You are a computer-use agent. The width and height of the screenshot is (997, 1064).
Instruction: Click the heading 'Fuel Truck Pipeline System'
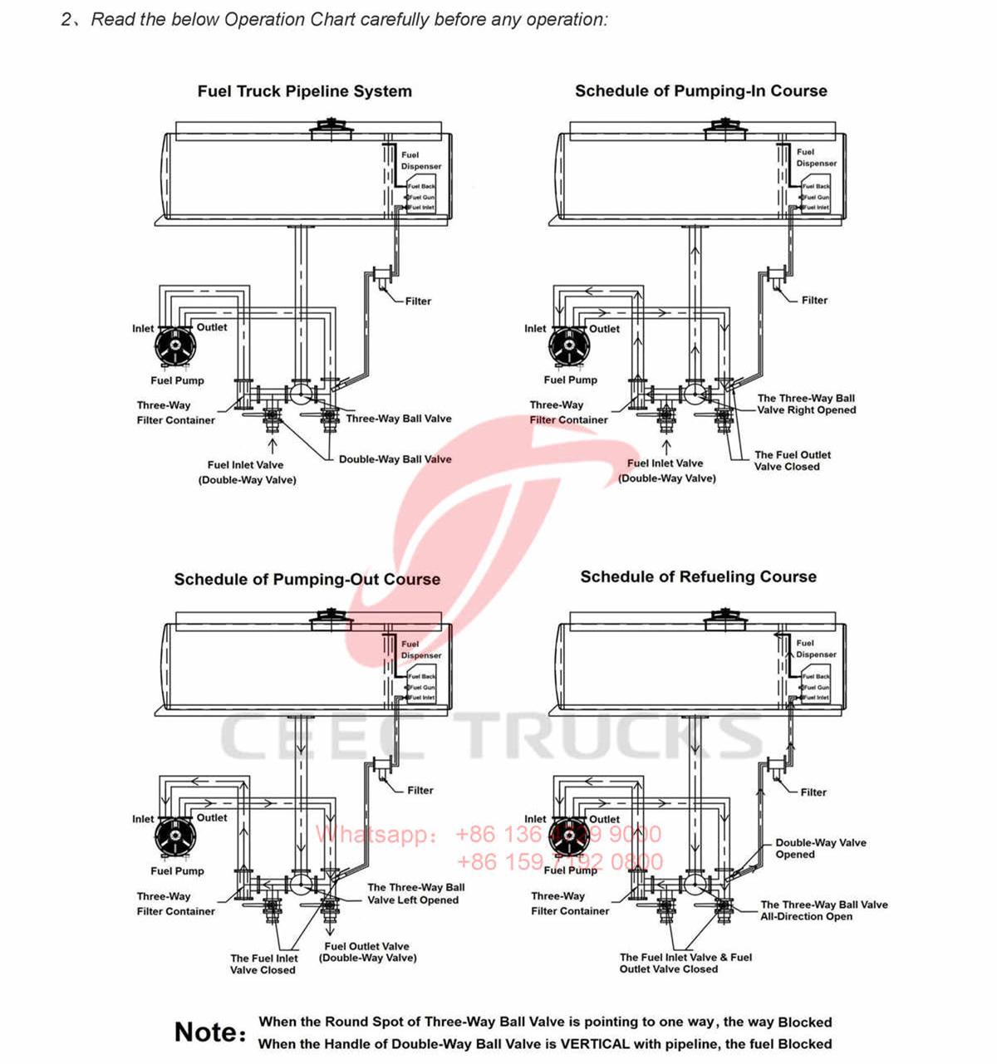(304, 91)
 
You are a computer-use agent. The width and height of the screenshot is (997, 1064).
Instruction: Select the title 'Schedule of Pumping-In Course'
(700, 91)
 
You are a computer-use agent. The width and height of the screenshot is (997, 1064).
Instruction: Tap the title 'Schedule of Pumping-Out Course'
(307, 580)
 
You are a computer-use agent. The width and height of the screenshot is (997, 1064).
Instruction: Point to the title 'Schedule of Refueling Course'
(698, 577)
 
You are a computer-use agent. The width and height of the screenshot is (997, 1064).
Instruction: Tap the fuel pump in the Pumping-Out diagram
(175, 836)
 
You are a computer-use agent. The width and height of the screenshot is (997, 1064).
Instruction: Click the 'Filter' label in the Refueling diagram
(813, 792)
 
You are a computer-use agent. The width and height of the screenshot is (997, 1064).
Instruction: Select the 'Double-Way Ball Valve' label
(395, 459)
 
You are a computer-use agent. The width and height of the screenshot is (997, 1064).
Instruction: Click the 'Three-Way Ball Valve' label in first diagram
(398, 419)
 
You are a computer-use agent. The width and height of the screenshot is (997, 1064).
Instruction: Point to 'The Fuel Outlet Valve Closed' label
(792, 461)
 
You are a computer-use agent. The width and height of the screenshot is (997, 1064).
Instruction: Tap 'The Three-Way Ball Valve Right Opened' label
(806, 405)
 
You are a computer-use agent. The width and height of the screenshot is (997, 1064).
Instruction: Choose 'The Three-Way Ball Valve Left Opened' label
(415, 894)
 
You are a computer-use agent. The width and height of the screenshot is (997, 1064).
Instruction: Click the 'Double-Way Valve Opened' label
(820, 849)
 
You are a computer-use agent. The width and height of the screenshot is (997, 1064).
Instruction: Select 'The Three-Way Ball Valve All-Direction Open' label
(823, 911)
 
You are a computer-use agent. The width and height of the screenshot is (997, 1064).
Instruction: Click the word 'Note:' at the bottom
(210, 1032)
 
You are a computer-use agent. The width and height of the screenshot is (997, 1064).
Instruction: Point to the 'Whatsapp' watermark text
(377, 834)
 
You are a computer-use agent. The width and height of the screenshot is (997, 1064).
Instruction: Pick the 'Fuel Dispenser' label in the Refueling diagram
(815, 649)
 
